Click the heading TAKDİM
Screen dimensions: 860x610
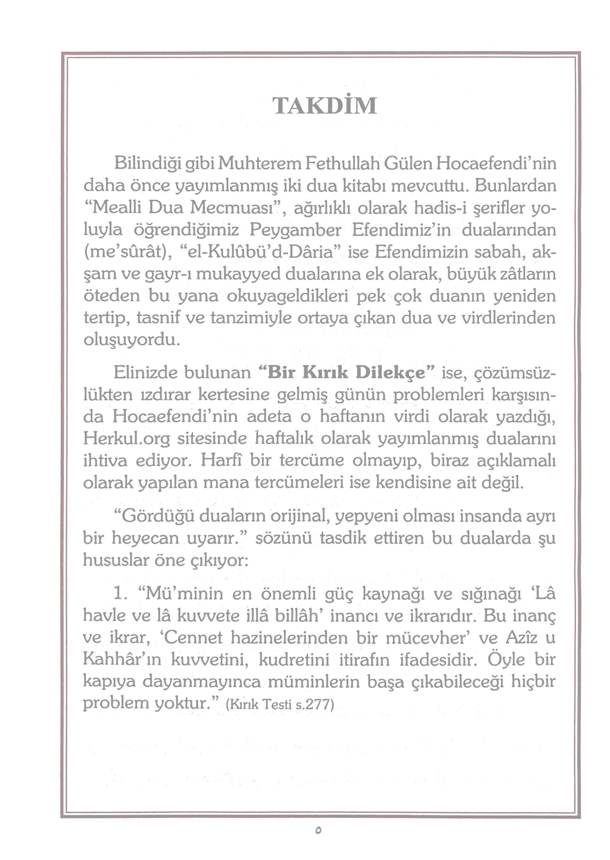[x=324, y=106]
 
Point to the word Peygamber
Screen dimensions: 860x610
[x=295, y=230]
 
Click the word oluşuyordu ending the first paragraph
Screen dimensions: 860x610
[x=132, y=340]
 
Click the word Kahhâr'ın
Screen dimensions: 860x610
[x=123, y=660]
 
